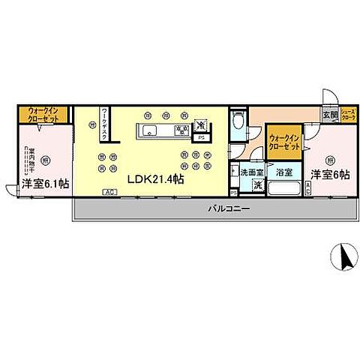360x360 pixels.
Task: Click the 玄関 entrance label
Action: tap(330, 115)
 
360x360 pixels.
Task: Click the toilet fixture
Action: tap(238, 122)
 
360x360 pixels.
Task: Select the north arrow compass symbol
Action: tap(346, 259)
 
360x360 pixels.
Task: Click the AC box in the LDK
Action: tap(109, 192)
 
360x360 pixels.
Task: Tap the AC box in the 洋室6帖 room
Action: tap(309, 191)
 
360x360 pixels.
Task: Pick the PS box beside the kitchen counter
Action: tap(201, 138)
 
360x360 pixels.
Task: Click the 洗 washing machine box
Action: tap(257, 185)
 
